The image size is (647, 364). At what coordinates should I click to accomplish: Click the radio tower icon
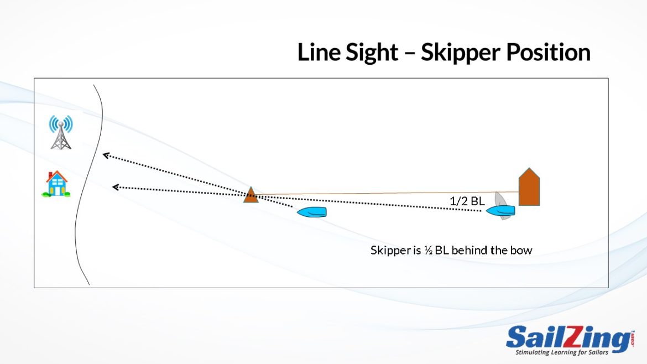(x=61, y=133)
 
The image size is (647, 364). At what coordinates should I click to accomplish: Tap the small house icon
(x=56, y=184)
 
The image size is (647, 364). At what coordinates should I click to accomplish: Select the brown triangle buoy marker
(x=251, y=195)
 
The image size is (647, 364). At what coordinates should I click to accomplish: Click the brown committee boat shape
(x=529, y=188)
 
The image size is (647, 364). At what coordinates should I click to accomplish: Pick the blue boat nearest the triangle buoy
(x=312, y=212)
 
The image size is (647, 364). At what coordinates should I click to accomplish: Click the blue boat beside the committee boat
(x=501, y=210)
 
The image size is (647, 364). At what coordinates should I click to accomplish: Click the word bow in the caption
(x=521, y=250)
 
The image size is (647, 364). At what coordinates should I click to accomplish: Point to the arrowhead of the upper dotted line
(x=105, y=155)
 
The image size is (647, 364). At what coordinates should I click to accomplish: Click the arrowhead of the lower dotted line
(x=115, y=188)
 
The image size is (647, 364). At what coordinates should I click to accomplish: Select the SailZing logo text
(x=567, y=338)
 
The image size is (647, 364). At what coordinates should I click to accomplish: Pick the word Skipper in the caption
(x=389, y=250)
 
